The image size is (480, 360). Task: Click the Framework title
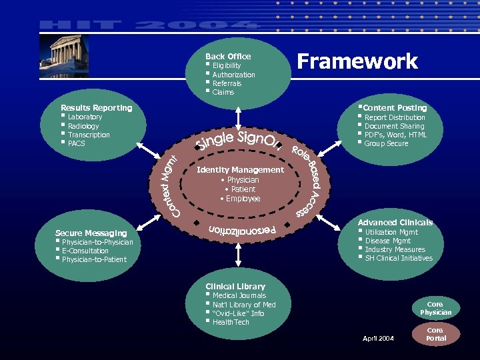tap(357, 61)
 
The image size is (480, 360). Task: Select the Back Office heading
tap(228, 57)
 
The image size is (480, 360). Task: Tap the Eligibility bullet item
tap(227, 66)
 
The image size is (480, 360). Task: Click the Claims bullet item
tap(223, 92)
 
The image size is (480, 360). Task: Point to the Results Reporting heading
tap(97, 107)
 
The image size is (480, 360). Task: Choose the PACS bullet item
tap(77, 143)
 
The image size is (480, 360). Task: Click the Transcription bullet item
tap(89, 135)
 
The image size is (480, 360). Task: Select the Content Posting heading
tap(395, 107)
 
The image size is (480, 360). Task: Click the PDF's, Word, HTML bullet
tap(395, 135)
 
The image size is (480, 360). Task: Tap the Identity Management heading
tap(240, 170)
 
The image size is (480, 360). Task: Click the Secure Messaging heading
tap(91, 233)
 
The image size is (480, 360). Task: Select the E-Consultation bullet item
tap(85, 251)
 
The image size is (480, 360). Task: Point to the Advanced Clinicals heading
tap(395, 222)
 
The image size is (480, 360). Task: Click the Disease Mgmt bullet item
tap(388, 241)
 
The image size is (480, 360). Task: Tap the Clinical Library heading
tap(235, 286)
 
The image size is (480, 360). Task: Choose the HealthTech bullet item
tap(231, 322)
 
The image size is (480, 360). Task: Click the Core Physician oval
tap(435, 308)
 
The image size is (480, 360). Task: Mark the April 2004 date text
tap(378, 339)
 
